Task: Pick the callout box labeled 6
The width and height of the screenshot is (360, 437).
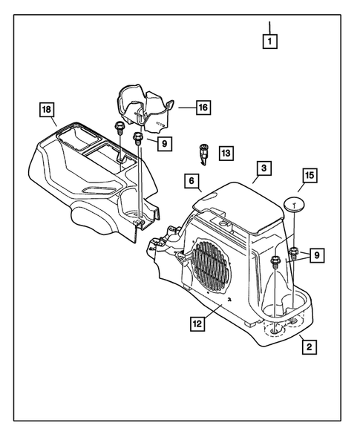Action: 190,180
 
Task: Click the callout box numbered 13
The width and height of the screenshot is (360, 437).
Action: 225,154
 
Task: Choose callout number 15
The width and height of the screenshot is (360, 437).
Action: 308,176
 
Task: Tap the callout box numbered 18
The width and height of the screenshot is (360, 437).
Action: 48,112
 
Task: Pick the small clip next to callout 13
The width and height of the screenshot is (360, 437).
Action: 201,154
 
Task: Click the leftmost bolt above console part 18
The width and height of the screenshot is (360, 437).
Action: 119,128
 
